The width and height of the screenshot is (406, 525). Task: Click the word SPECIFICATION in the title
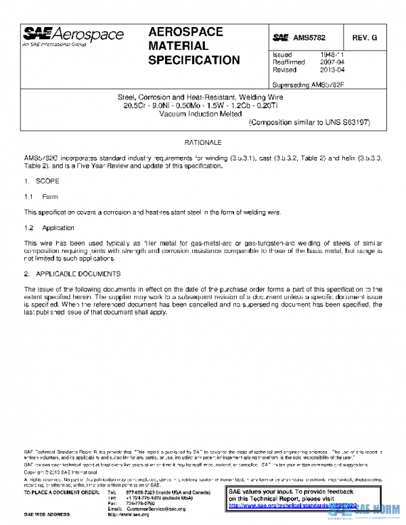(x=194, y=61)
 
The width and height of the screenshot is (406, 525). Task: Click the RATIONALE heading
(x=202, y=145)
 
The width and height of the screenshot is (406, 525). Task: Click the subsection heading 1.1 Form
(x=41, y=197)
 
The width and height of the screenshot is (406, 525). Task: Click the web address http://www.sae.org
(x=128, y=515)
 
